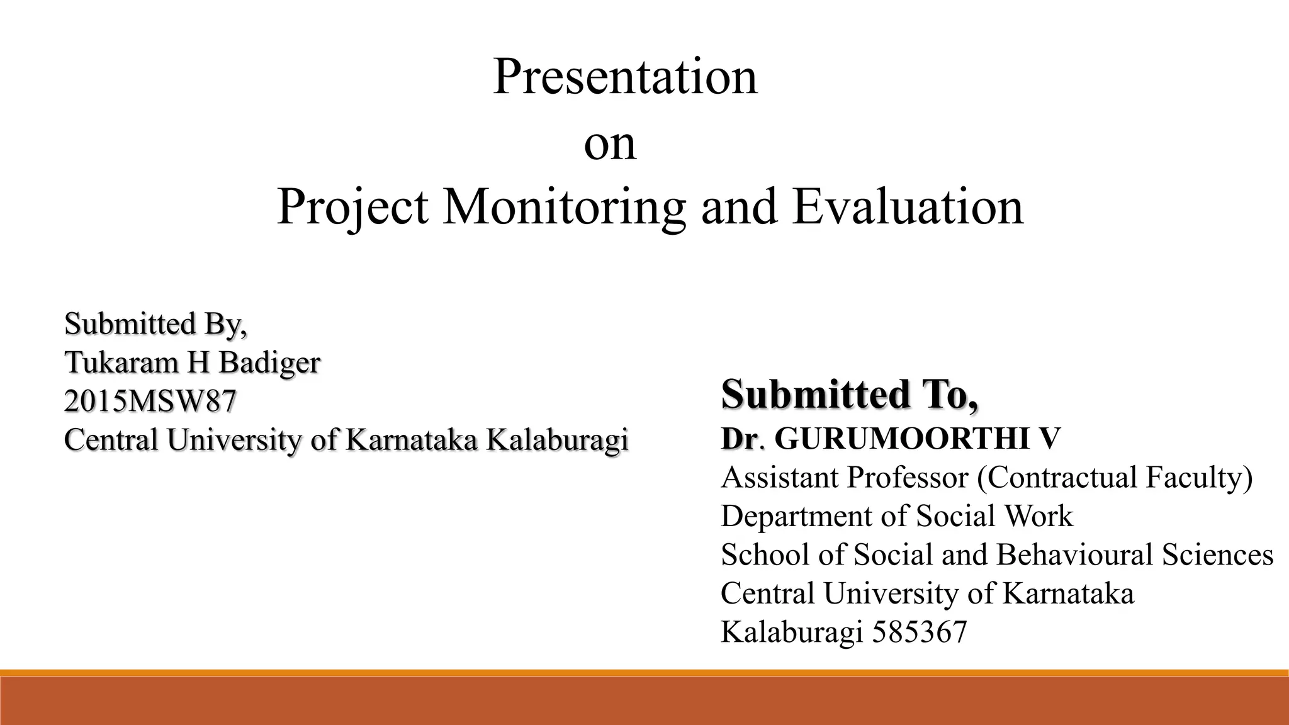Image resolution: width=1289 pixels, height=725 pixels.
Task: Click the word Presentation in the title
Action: [x=625, y=77]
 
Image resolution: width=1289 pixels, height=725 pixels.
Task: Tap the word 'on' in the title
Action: [x=610, y=143]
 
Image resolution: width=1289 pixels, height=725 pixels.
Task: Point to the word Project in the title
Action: [x=352, y=208]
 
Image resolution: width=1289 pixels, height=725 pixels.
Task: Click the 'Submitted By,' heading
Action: [x=155, y=324]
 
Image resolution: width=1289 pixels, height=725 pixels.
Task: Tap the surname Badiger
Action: [x=269, y=363]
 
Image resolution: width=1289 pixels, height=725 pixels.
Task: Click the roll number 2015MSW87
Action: [x=150, y=401]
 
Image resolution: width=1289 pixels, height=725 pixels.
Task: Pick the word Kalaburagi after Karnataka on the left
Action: [x=557, y=439]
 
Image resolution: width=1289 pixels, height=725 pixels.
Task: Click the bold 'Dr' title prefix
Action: [x=740, y=439]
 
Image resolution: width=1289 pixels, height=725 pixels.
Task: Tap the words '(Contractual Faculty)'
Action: [x=1115, y=478]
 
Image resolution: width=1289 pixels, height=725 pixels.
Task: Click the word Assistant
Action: [x=780, y=478]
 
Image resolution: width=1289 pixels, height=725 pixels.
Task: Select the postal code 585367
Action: [x=919, y=632]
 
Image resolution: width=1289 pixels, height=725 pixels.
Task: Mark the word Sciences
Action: [x=1217, y=555]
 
